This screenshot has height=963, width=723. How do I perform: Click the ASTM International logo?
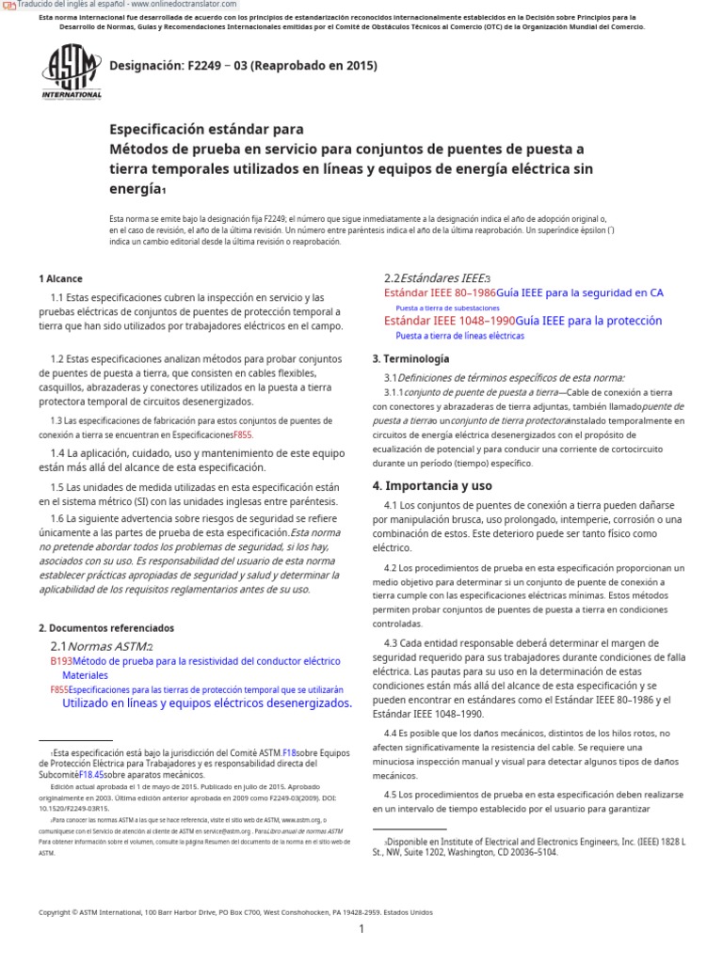click(71, 72)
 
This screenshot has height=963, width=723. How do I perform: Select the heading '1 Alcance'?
click(60, 279)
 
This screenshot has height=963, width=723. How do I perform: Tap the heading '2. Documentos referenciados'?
click(105, 627)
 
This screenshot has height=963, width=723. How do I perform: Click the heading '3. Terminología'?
click(410, 358)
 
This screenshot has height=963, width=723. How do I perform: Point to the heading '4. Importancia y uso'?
click(432, 485)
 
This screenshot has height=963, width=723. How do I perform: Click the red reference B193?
click(61, 661)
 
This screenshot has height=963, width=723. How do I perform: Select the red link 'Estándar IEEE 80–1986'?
click(440, 293)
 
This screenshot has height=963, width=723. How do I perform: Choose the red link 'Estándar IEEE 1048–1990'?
click(449, 321)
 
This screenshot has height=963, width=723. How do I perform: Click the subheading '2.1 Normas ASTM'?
click(99, 646)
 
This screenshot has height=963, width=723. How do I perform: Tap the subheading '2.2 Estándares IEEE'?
click(435, 277)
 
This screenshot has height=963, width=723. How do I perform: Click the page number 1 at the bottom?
click(361, 929)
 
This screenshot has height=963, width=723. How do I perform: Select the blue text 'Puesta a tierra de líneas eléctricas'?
click(459, 335)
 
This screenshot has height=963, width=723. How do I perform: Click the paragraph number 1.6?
click(57, 518)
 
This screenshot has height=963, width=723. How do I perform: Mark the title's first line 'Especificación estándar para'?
click(207, 129)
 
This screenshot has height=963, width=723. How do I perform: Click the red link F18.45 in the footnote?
click(91, 774)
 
